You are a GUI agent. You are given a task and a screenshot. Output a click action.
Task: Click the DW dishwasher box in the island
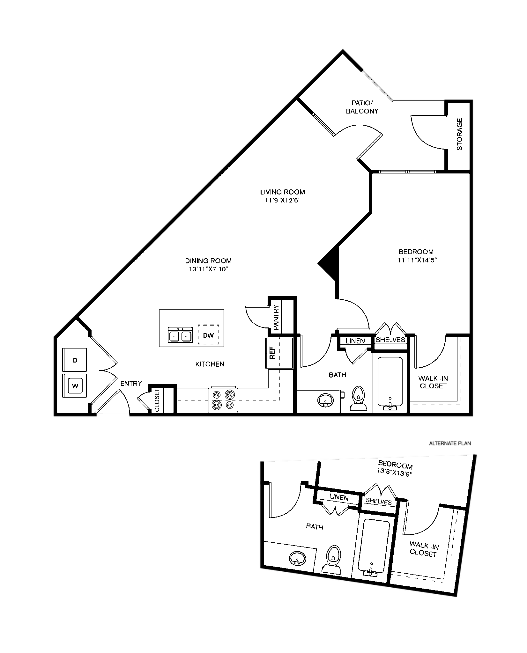click(208, 334)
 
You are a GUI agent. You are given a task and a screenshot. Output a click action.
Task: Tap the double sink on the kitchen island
click(180, 334)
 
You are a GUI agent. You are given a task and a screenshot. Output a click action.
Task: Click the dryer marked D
click(75, 360)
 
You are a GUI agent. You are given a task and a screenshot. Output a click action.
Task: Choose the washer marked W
click(75, 385)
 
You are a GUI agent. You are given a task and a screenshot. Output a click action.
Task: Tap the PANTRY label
click(276, 317)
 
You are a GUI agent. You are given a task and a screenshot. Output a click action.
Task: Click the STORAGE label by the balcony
click(459, 134)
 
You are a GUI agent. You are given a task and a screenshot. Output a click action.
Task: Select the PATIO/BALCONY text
click(362, 107)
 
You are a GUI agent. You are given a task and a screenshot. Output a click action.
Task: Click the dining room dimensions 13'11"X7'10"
click(208, 269)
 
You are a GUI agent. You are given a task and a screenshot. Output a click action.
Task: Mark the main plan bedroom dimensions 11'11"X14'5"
click(417, 260)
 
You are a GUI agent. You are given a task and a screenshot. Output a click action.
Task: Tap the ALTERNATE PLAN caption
click(450, 443)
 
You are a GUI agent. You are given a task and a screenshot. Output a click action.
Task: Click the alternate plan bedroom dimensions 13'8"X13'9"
click(395, 473)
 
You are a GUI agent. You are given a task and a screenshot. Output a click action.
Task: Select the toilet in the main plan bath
click(359, 399)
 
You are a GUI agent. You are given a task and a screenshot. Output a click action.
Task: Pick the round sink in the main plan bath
click(325, 400)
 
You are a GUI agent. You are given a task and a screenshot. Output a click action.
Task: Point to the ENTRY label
click(131, 384)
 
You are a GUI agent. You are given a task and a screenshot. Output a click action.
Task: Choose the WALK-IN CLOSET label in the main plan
click(433, 382)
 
